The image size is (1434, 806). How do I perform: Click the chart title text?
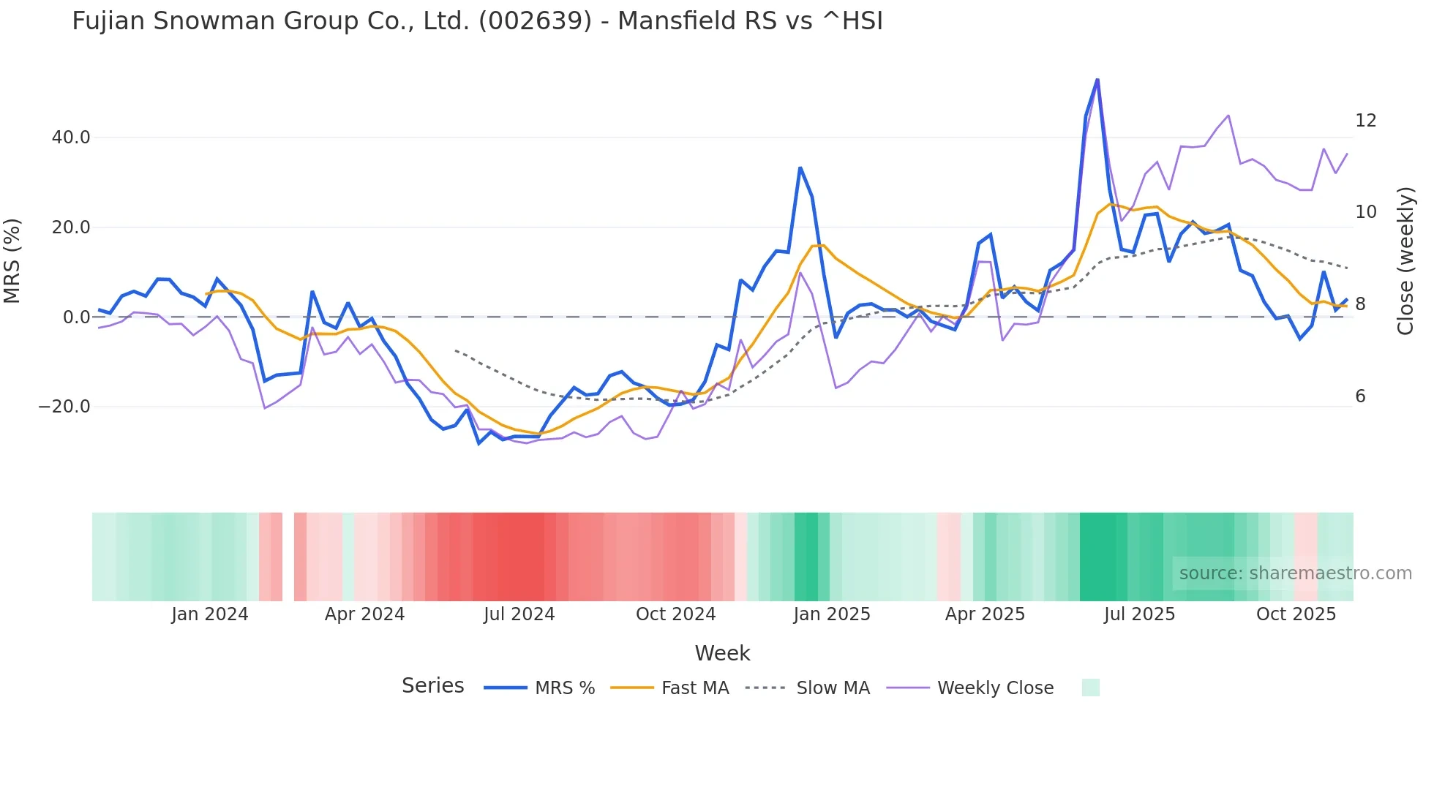pos(477,21)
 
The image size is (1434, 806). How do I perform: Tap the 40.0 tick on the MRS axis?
pos(71,138)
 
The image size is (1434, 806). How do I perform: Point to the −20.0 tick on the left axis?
pos(64,407)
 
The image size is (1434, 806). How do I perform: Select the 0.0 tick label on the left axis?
pos(76,317)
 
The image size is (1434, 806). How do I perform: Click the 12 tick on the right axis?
pos(1365,121)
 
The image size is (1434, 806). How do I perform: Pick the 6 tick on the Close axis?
pos(1360,396)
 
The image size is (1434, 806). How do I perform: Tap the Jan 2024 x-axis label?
pos(210,614)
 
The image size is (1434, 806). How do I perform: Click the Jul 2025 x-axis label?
pos(1139,614)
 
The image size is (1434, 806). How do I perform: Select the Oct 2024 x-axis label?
pos(675,614)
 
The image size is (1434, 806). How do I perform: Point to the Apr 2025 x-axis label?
pos(985,614)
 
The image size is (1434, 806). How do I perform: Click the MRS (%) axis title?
pos(12,260)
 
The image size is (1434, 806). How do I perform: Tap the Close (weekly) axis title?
pos(1405,260)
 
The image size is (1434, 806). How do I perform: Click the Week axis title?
pos(722,653)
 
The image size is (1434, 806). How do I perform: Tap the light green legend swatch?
pos(1090,688)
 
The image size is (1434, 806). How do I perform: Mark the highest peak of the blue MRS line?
pos(1097,79)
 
